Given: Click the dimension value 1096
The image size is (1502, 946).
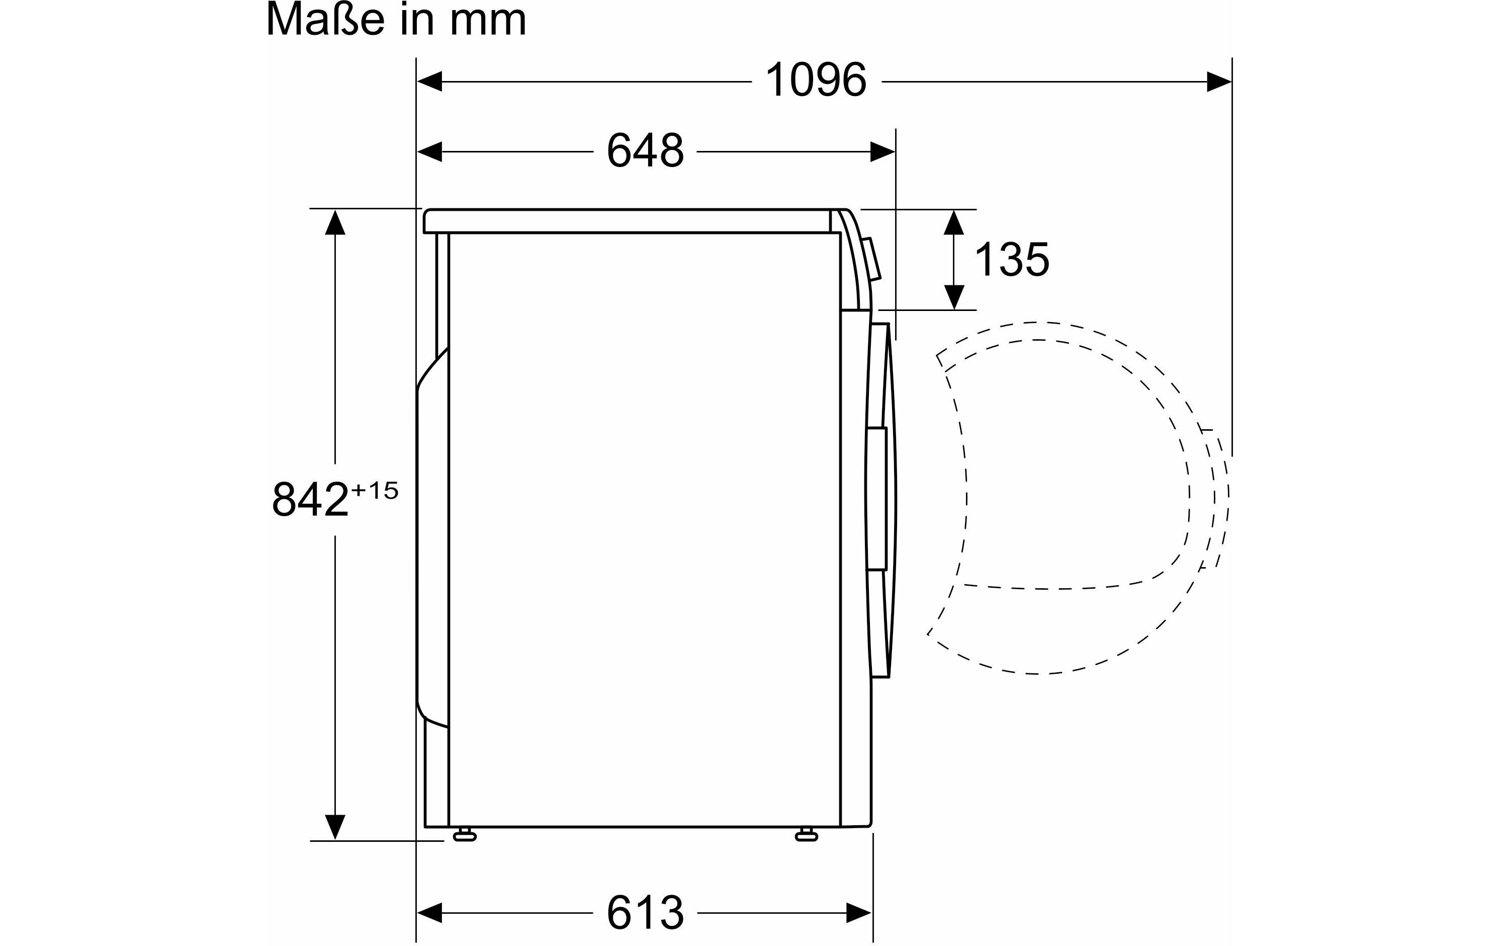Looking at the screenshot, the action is pyautogui.click(x=816, y=81).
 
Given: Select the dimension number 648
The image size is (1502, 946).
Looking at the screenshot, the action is pyautogui.click(x=645, y=150).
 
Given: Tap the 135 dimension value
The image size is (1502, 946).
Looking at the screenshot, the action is pyautogui.click(x=1012, y=260).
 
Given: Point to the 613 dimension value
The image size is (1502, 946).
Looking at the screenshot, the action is pyautogui.click(x=645, y=912).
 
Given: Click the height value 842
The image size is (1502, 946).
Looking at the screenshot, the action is pyautogui.click(x=310, y=499).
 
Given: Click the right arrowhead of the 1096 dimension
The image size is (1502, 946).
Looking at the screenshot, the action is pyautogui.click(x=1219, y=81).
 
